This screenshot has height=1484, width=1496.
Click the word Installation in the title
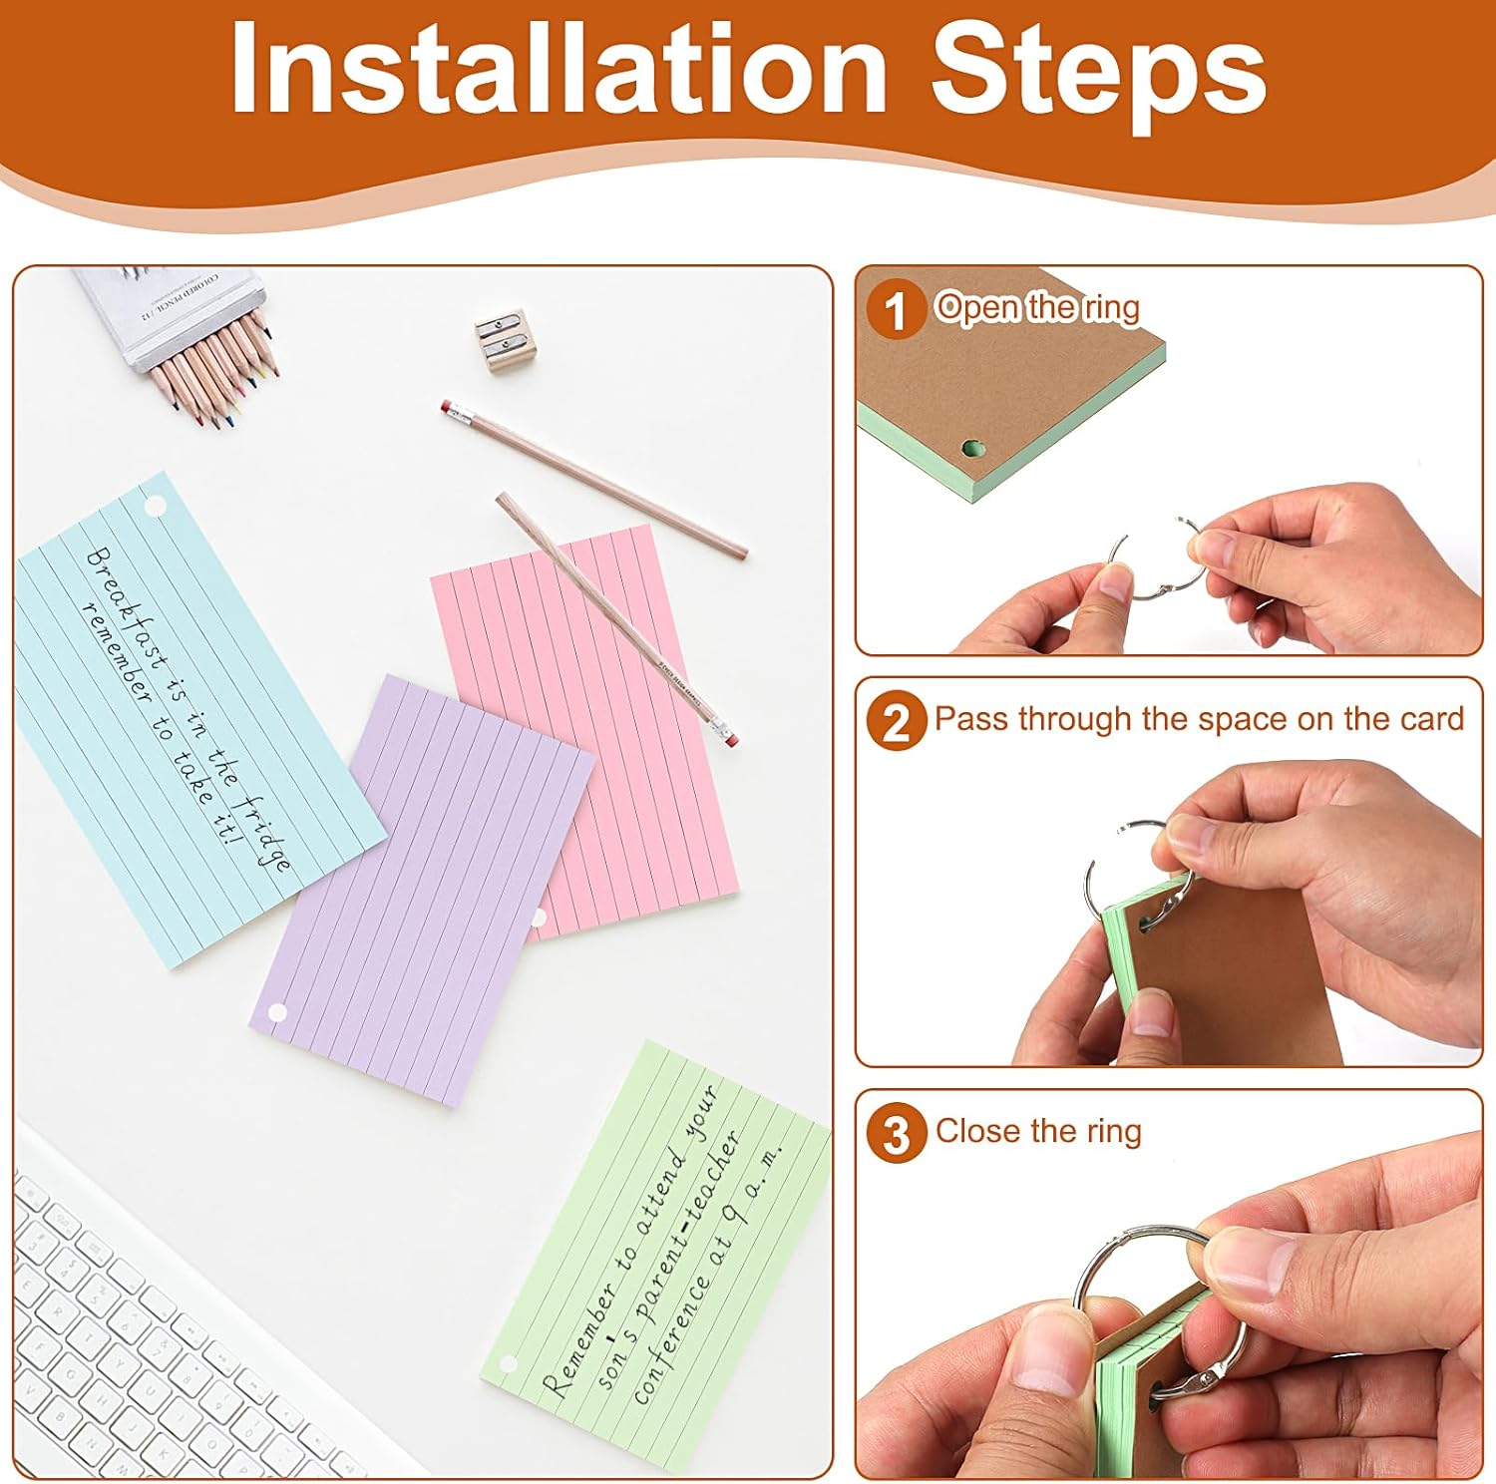tap(559, 70)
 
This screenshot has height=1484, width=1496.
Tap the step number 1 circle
tap(895, 309)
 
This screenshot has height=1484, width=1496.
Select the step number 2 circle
tap(895, 721)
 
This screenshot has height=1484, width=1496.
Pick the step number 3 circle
tap(895, 1134)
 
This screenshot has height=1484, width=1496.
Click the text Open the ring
tap(1037, 307)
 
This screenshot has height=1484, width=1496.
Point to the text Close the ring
tap(1038, 1131)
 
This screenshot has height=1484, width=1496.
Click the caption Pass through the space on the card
tap(1198, 719)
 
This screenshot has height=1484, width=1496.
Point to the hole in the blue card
tap(155, 506)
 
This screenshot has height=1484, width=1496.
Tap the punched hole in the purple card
tap(278, 1013)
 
